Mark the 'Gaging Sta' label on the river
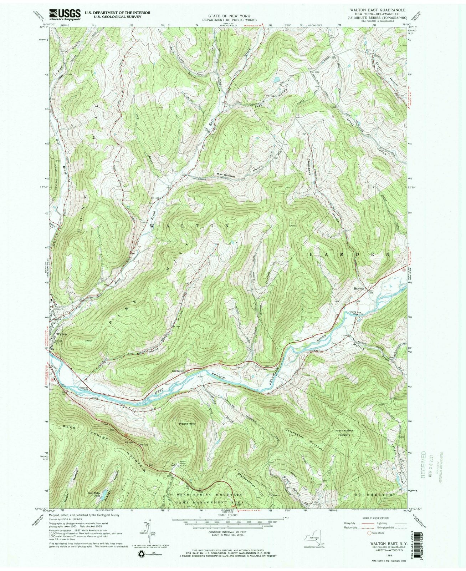(353, 312)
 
